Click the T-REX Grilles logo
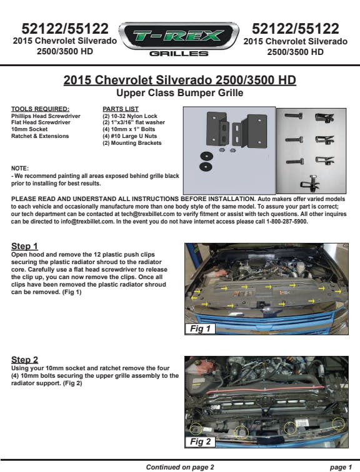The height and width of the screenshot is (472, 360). (x=179, y=39)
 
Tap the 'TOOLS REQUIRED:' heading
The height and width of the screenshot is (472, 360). (x=41, y=109)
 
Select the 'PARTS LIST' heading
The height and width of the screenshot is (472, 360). (x=121, y=109)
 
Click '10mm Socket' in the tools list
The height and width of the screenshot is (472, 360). (x=29, y=129)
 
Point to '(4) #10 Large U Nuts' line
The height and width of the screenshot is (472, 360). (x=130, y=136)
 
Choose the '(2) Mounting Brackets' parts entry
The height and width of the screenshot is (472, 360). (x=132, y=143)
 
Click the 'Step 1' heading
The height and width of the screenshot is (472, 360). (x=24, y=246)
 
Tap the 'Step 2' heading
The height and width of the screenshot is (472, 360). (x=25, y=360)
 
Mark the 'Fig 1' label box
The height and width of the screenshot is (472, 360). (x=200, y=328)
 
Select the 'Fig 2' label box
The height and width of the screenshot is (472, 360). (x=200, y=441)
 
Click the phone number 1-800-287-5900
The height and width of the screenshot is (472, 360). (x=287, y=222)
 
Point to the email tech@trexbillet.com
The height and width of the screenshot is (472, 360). (x=148, y=214)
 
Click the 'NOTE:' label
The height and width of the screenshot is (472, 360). (x=20, y=169)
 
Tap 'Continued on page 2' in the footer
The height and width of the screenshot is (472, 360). (x=180, y=467)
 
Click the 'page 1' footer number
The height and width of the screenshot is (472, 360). (x=341, y=467)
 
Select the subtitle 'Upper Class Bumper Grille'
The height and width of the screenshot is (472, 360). (x=180, y=92)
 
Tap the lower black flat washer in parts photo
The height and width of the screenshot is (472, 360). (x=206, y=167)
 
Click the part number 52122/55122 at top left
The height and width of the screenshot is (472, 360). (x=65, y=29)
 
